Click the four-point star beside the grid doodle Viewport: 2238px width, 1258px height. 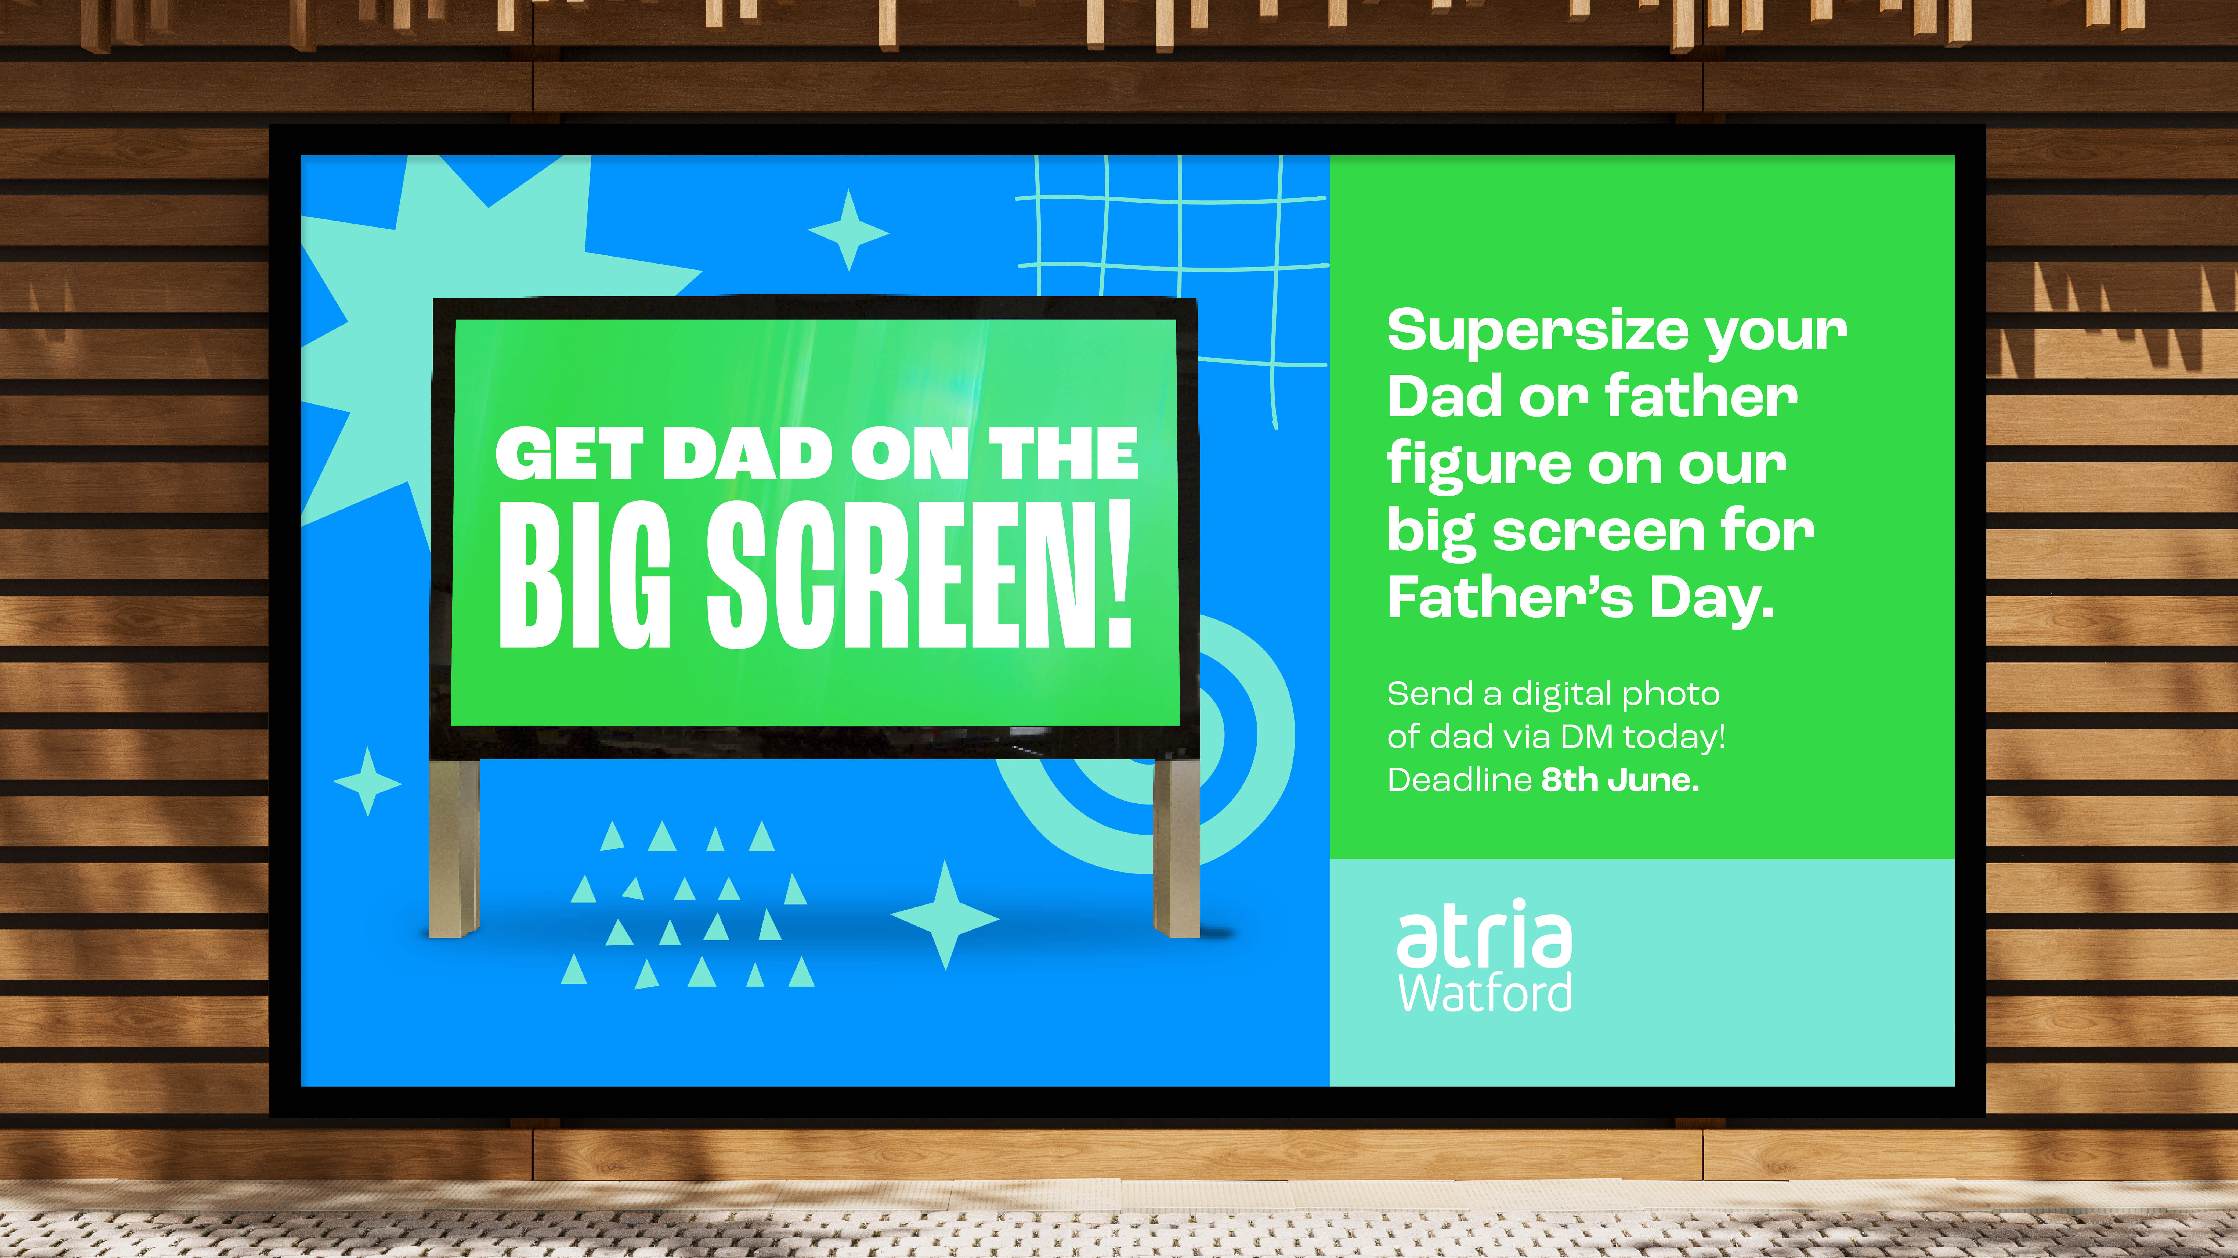[x=849, y=231]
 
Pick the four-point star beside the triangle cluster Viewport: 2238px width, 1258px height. [x=945, y=916]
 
